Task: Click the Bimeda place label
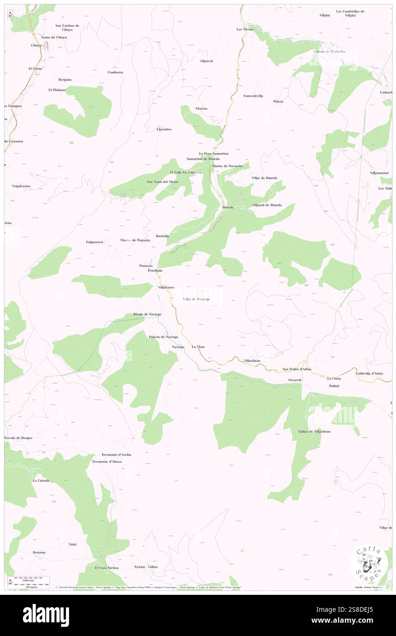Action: [x=228, y=207]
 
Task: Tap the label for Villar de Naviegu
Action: [x=196, y=299]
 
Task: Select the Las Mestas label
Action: [x=245, y=29]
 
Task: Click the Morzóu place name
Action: [x=201, y=108]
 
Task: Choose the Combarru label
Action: [x=115, y=72]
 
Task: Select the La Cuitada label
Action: [x=41, y=481]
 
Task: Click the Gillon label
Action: [x=153, y=566]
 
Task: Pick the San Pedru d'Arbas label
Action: [x=297, y=369]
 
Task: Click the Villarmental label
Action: [x=380, y=173]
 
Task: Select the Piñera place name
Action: [x=278, y=101]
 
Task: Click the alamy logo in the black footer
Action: [x=46, y=615]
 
